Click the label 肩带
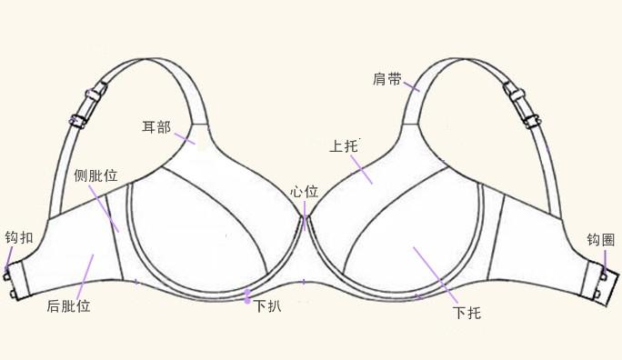point(387,79)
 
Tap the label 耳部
point(156,126)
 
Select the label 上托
point(343,145)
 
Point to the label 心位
point(304,192)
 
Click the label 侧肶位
point(95,175)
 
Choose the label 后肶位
point(68,306)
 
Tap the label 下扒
point(267,306)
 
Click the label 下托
point(466,314)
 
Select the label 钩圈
point(601,240)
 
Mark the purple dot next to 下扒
point(246,294)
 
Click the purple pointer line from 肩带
point(411,86)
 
